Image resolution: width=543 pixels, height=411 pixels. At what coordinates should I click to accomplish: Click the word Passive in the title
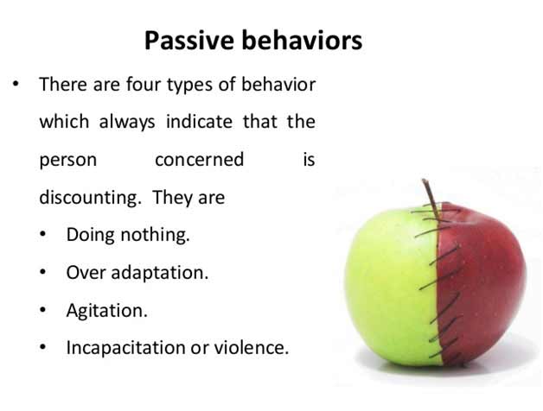click(189, 41)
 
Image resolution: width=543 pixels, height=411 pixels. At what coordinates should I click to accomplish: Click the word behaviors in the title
click(302, 41)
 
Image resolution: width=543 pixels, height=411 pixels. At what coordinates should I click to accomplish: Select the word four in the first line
click(144, 85)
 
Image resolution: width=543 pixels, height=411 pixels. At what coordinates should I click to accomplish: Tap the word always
click(127, 122)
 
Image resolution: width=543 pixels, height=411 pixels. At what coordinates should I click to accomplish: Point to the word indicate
click(199, 122)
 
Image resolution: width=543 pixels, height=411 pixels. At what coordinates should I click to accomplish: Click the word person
click(67, 161)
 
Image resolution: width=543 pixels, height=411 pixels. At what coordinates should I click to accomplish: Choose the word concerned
click(200, 160)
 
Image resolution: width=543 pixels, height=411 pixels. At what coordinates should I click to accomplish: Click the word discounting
click(88, 198)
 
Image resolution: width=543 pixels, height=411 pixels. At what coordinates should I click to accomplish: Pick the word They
click(173, 198)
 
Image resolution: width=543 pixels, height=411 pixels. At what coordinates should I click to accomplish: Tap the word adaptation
click(160, 273)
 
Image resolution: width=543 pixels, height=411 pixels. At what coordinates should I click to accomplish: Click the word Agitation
click(106, 311)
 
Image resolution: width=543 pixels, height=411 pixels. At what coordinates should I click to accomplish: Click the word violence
click(251, 347)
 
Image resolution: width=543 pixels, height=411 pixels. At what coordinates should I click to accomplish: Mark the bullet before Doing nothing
click(42, 235)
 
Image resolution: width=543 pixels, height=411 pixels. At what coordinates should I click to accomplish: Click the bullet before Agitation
click(42, 310)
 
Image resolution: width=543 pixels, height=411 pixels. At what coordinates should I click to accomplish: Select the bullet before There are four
click(16, 84)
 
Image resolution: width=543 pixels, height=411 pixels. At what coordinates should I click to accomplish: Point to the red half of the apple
click(482, 284)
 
